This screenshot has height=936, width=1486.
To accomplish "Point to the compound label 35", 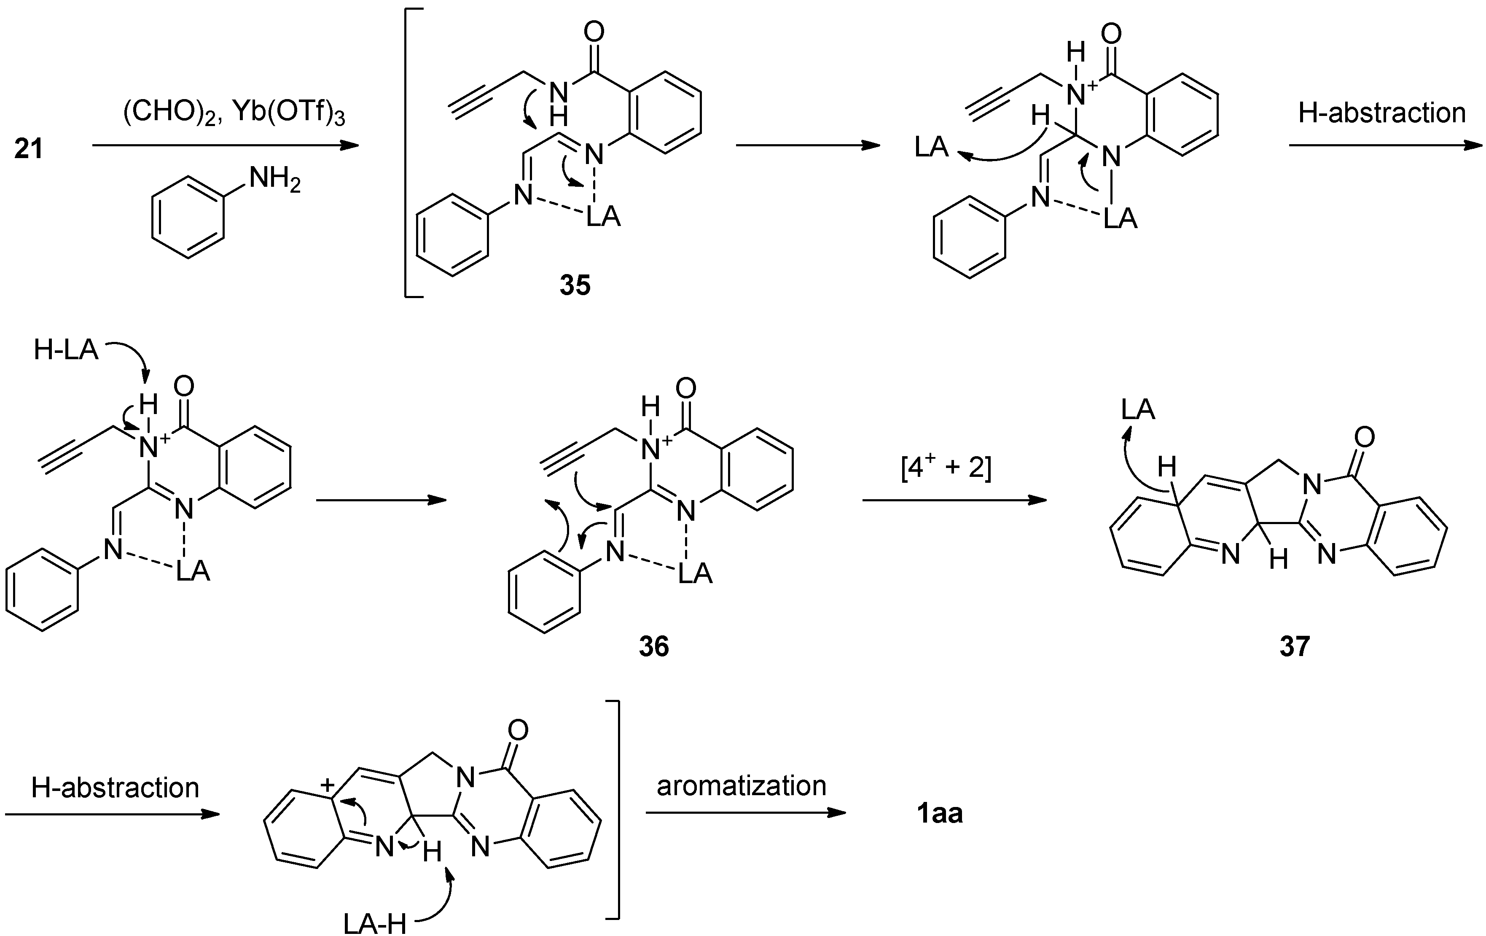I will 575,285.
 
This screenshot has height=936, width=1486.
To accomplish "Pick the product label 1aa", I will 939,814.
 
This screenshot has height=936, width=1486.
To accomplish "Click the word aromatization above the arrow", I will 741,786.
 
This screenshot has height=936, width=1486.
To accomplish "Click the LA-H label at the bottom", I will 375,924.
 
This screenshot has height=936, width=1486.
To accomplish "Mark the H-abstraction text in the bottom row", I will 116,788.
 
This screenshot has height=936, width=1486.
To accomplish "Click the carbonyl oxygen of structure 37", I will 1365,438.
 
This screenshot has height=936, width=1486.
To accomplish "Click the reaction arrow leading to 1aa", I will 745,813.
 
